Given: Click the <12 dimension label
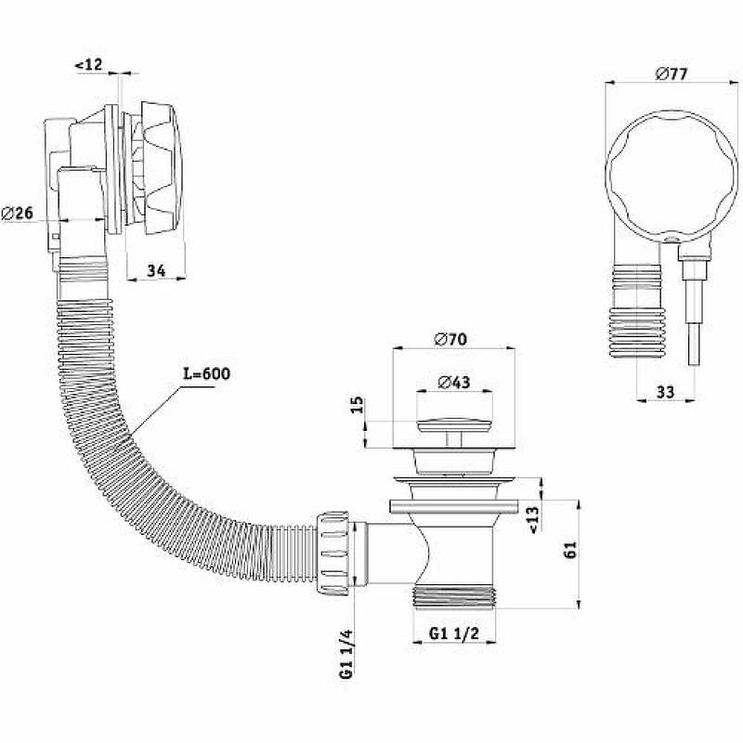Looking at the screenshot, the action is [x=88, y=64].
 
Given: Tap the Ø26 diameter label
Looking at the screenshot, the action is [x=18, y=214].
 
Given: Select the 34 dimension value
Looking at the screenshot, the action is [x=156, y=270].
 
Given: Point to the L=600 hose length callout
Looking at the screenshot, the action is [x=206, y=373].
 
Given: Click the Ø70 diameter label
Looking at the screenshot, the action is [x=450, y=339].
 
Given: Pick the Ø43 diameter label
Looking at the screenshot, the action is [x=454, y=382].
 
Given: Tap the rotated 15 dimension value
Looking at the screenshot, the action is [x=358, y=405].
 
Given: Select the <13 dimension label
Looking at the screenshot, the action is [x=533, y=520].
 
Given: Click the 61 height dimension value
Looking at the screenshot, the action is [x=570, y=550].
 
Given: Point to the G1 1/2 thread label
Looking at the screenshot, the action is [x=454, y=633].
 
